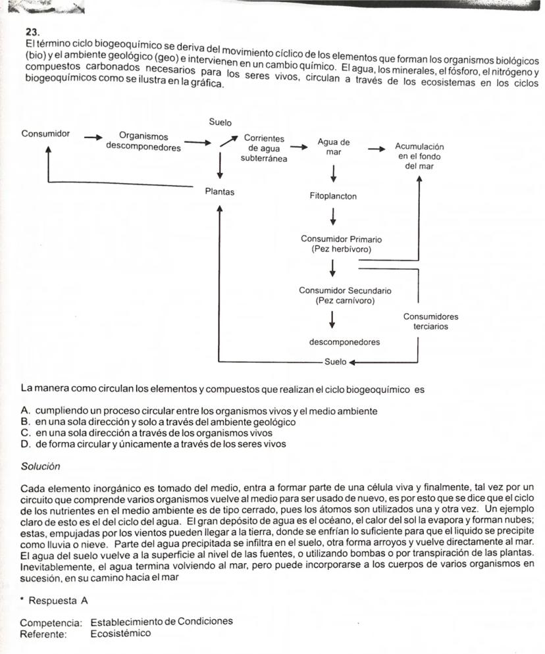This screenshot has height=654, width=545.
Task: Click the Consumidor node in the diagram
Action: [45, 134]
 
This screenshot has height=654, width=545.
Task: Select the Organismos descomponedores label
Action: [143, 142]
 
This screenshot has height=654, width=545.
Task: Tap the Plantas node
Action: [219, 192]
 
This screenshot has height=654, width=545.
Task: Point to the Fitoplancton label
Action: [333, 196]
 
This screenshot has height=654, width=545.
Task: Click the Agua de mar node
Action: [333, 147]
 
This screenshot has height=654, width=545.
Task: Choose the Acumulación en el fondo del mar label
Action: [419, 156]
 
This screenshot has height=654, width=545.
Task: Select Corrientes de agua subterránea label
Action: [263, 148]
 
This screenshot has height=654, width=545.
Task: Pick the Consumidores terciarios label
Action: [430, 321]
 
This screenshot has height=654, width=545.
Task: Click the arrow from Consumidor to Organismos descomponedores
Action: [93, 138]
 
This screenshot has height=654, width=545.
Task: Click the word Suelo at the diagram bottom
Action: [334, 361]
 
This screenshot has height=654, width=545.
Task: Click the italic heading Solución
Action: [40, 466]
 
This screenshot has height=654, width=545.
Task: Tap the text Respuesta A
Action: [58, 601]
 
